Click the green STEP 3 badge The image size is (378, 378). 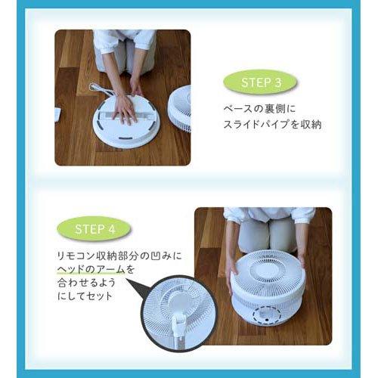(260, 82)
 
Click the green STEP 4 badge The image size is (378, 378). (94, 229)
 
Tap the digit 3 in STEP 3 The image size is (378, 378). (277, 82)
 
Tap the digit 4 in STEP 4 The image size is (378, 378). (112, 229)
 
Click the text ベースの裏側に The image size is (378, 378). (259, 109)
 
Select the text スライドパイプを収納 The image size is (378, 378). (273, 124)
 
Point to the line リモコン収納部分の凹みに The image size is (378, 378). (119, 256)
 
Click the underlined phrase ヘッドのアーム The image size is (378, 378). (91, 270)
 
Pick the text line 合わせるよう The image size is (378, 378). (86, 283)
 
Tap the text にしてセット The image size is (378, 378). (85, 296)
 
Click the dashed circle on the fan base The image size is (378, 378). (267, 315)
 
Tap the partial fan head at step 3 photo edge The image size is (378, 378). (180, 108)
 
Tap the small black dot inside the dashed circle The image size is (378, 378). (265, 320)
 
